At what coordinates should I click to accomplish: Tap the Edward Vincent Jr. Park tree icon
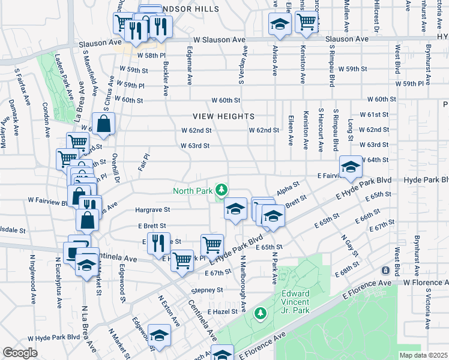261,313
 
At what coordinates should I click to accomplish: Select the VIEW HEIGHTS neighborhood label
224,116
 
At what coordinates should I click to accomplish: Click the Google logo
20,353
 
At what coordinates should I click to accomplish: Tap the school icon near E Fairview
350,167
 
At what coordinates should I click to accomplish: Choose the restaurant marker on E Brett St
159,243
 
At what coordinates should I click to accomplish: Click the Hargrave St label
153,210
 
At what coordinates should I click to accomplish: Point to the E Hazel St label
223,313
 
